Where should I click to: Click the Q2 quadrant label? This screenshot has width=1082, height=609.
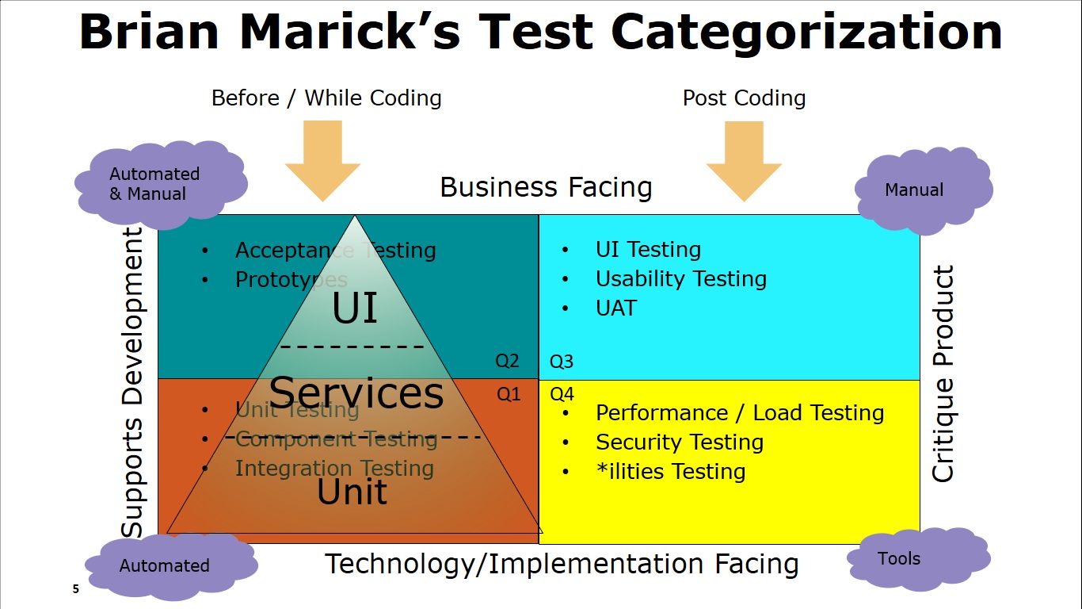(x=507, y=361)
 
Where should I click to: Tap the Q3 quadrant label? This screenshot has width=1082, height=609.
(x=562, y=362)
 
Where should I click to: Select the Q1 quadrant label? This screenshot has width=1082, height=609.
(x=509, y=394)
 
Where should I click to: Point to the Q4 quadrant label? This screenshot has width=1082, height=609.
(x=562, y=394)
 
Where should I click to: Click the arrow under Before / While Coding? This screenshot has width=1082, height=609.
(x=322, y=161)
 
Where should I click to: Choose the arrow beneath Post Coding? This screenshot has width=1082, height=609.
(x=744, y=161)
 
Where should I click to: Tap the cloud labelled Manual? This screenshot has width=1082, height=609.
(x=924, y=190)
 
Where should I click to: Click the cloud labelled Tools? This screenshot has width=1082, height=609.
(x=919, y=559)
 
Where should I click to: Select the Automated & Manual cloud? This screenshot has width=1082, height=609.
(x=161, y=185)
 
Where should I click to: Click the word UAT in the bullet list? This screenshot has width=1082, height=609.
(x=616, y=308)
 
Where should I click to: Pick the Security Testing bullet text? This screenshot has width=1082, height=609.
(x=680, y=442)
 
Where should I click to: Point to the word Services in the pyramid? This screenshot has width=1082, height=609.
(x=356, y=393)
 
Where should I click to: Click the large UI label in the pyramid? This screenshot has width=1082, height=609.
(x=355, y=308)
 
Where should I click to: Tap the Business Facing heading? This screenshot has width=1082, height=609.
(x=546, y=188)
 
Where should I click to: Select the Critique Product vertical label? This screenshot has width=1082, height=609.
(x=943, y=373)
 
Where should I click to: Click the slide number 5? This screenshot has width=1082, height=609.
(x=76, y=588)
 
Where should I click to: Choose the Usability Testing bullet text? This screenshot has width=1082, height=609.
(x=681, y=279)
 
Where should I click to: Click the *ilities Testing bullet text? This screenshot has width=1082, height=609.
(x=671, y=472)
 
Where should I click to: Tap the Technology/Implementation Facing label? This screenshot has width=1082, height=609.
(x=562, y=564)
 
